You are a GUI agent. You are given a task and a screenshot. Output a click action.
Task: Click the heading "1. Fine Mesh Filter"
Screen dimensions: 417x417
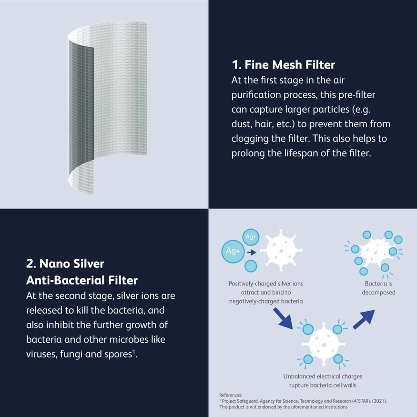pyautogui.click(x=283, y=65)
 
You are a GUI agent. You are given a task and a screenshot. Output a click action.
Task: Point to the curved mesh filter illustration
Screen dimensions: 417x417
pyautogui.click(x=107, y=108)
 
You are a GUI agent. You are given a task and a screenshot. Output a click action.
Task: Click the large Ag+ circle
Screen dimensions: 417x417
pyautogui.click(x=233, y=251)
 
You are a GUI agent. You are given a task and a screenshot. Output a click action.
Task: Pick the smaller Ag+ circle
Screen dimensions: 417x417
pyautogui.click(x=251, y=237)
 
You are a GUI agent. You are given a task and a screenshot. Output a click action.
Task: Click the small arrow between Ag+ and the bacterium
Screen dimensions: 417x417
pyautogui.click(x=252, y=252)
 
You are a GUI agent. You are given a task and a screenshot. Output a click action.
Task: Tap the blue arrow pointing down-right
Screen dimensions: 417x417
pyautogui.click(x=283, y=318)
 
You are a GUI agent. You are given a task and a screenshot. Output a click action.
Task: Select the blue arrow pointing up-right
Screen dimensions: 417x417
pyautogui.click(x=364, y=319)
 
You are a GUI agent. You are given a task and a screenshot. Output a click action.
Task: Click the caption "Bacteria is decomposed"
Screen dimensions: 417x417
pyautogui.click(x=378, y=288)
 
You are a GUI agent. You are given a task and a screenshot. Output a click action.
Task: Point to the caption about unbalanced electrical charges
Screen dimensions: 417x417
pyautogui.click(x=323, y=381)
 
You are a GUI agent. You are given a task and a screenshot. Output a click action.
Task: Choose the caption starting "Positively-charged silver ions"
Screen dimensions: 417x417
pyautogui.click(x=266, y=292)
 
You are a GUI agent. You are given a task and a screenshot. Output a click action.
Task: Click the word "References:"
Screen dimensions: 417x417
pyautogui.click(x=231, y=395)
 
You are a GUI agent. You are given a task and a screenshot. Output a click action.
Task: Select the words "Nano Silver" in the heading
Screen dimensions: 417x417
pyautogui.click(x=72, y=264)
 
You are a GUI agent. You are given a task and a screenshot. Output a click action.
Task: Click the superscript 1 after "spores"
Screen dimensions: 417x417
pyautogui.click(x=134, y=352)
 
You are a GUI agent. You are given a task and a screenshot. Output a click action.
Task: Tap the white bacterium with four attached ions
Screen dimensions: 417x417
pyautogui.click(x=324, y=345)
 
